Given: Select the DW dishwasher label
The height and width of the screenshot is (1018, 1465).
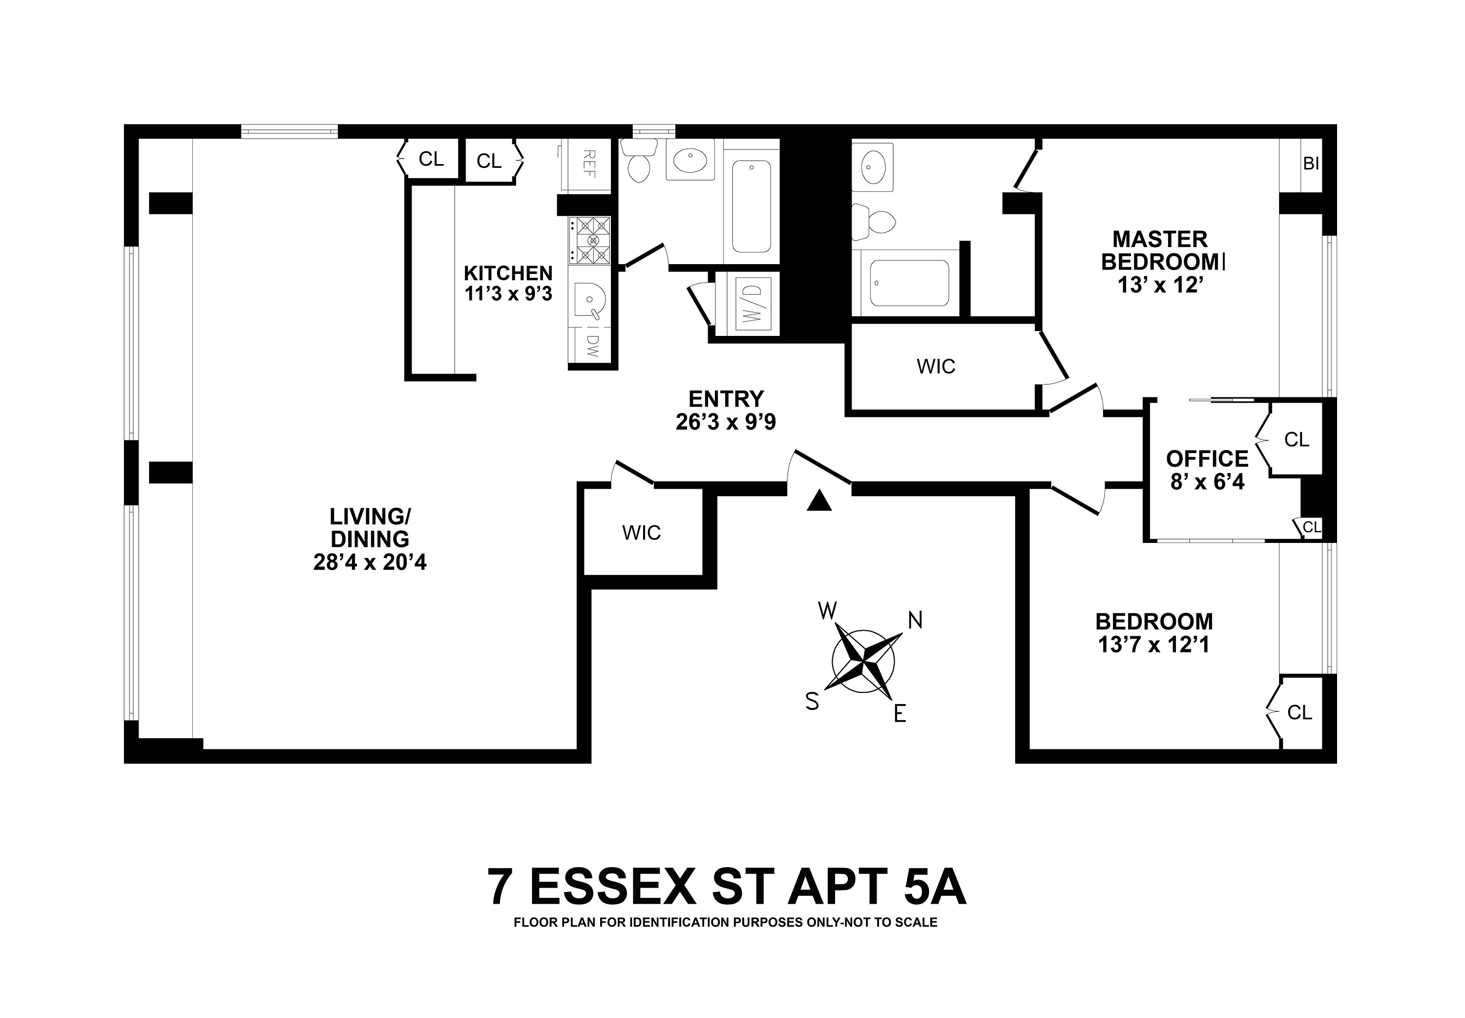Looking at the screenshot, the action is tap(592, 346).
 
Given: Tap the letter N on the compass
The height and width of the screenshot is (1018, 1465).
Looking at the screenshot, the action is tap(915, 620).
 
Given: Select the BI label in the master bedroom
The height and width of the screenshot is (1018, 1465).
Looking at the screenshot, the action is tap(1311, 164).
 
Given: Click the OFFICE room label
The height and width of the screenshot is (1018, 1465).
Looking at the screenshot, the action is tap(1207, 458).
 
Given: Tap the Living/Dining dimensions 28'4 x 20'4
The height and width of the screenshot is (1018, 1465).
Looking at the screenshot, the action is tap(370, 562).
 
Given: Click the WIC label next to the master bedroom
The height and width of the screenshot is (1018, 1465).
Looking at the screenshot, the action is tap(936, 366).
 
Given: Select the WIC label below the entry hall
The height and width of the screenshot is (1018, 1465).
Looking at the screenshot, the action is tap(641, 533).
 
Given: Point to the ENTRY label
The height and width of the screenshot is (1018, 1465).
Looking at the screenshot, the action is tap(726, 398).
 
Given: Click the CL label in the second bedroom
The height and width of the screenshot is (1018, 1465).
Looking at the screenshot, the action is tap(1299, 712).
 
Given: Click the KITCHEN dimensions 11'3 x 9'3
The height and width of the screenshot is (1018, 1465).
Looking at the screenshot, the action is tap(508, 294).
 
